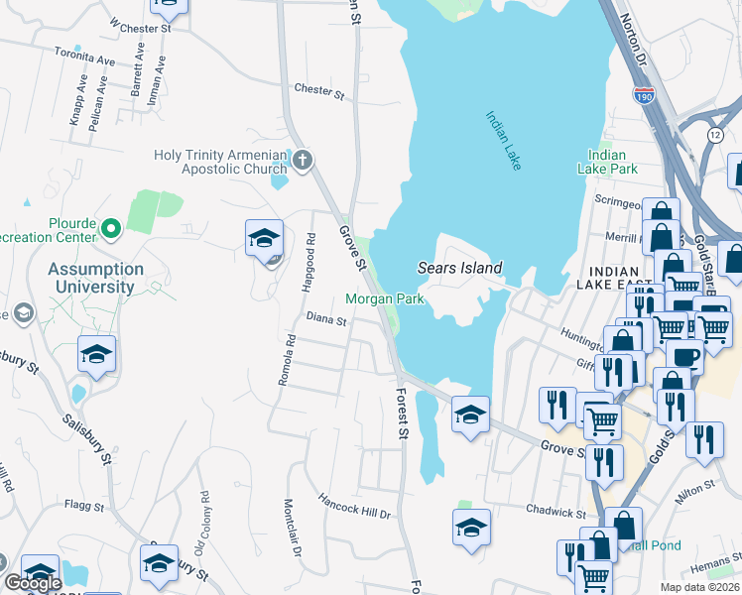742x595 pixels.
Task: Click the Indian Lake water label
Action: tap(503, 141)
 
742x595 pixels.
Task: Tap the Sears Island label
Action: tap(459, 268)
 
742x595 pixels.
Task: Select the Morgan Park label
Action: tap(385, 298)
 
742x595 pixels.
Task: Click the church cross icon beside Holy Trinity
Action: tap(303, 159)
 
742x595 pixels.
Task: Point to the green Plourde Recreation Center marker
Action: tap(111, 230)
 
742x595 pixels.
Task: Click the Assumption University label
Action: tap(95, 278)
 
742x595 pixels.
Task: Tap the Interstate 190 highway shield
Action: tap(644, 96)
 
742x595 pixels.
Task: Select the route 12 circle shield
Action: tap(714, 134)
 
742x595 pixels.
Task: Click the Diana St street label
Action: tap(325, 320)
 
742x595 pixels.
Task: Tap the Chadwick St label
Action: tap(556, 513)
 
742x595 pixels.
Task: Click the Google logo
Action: tap(33, 584)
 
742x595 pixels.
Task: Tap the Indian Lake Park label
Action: tap(606, 162)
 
